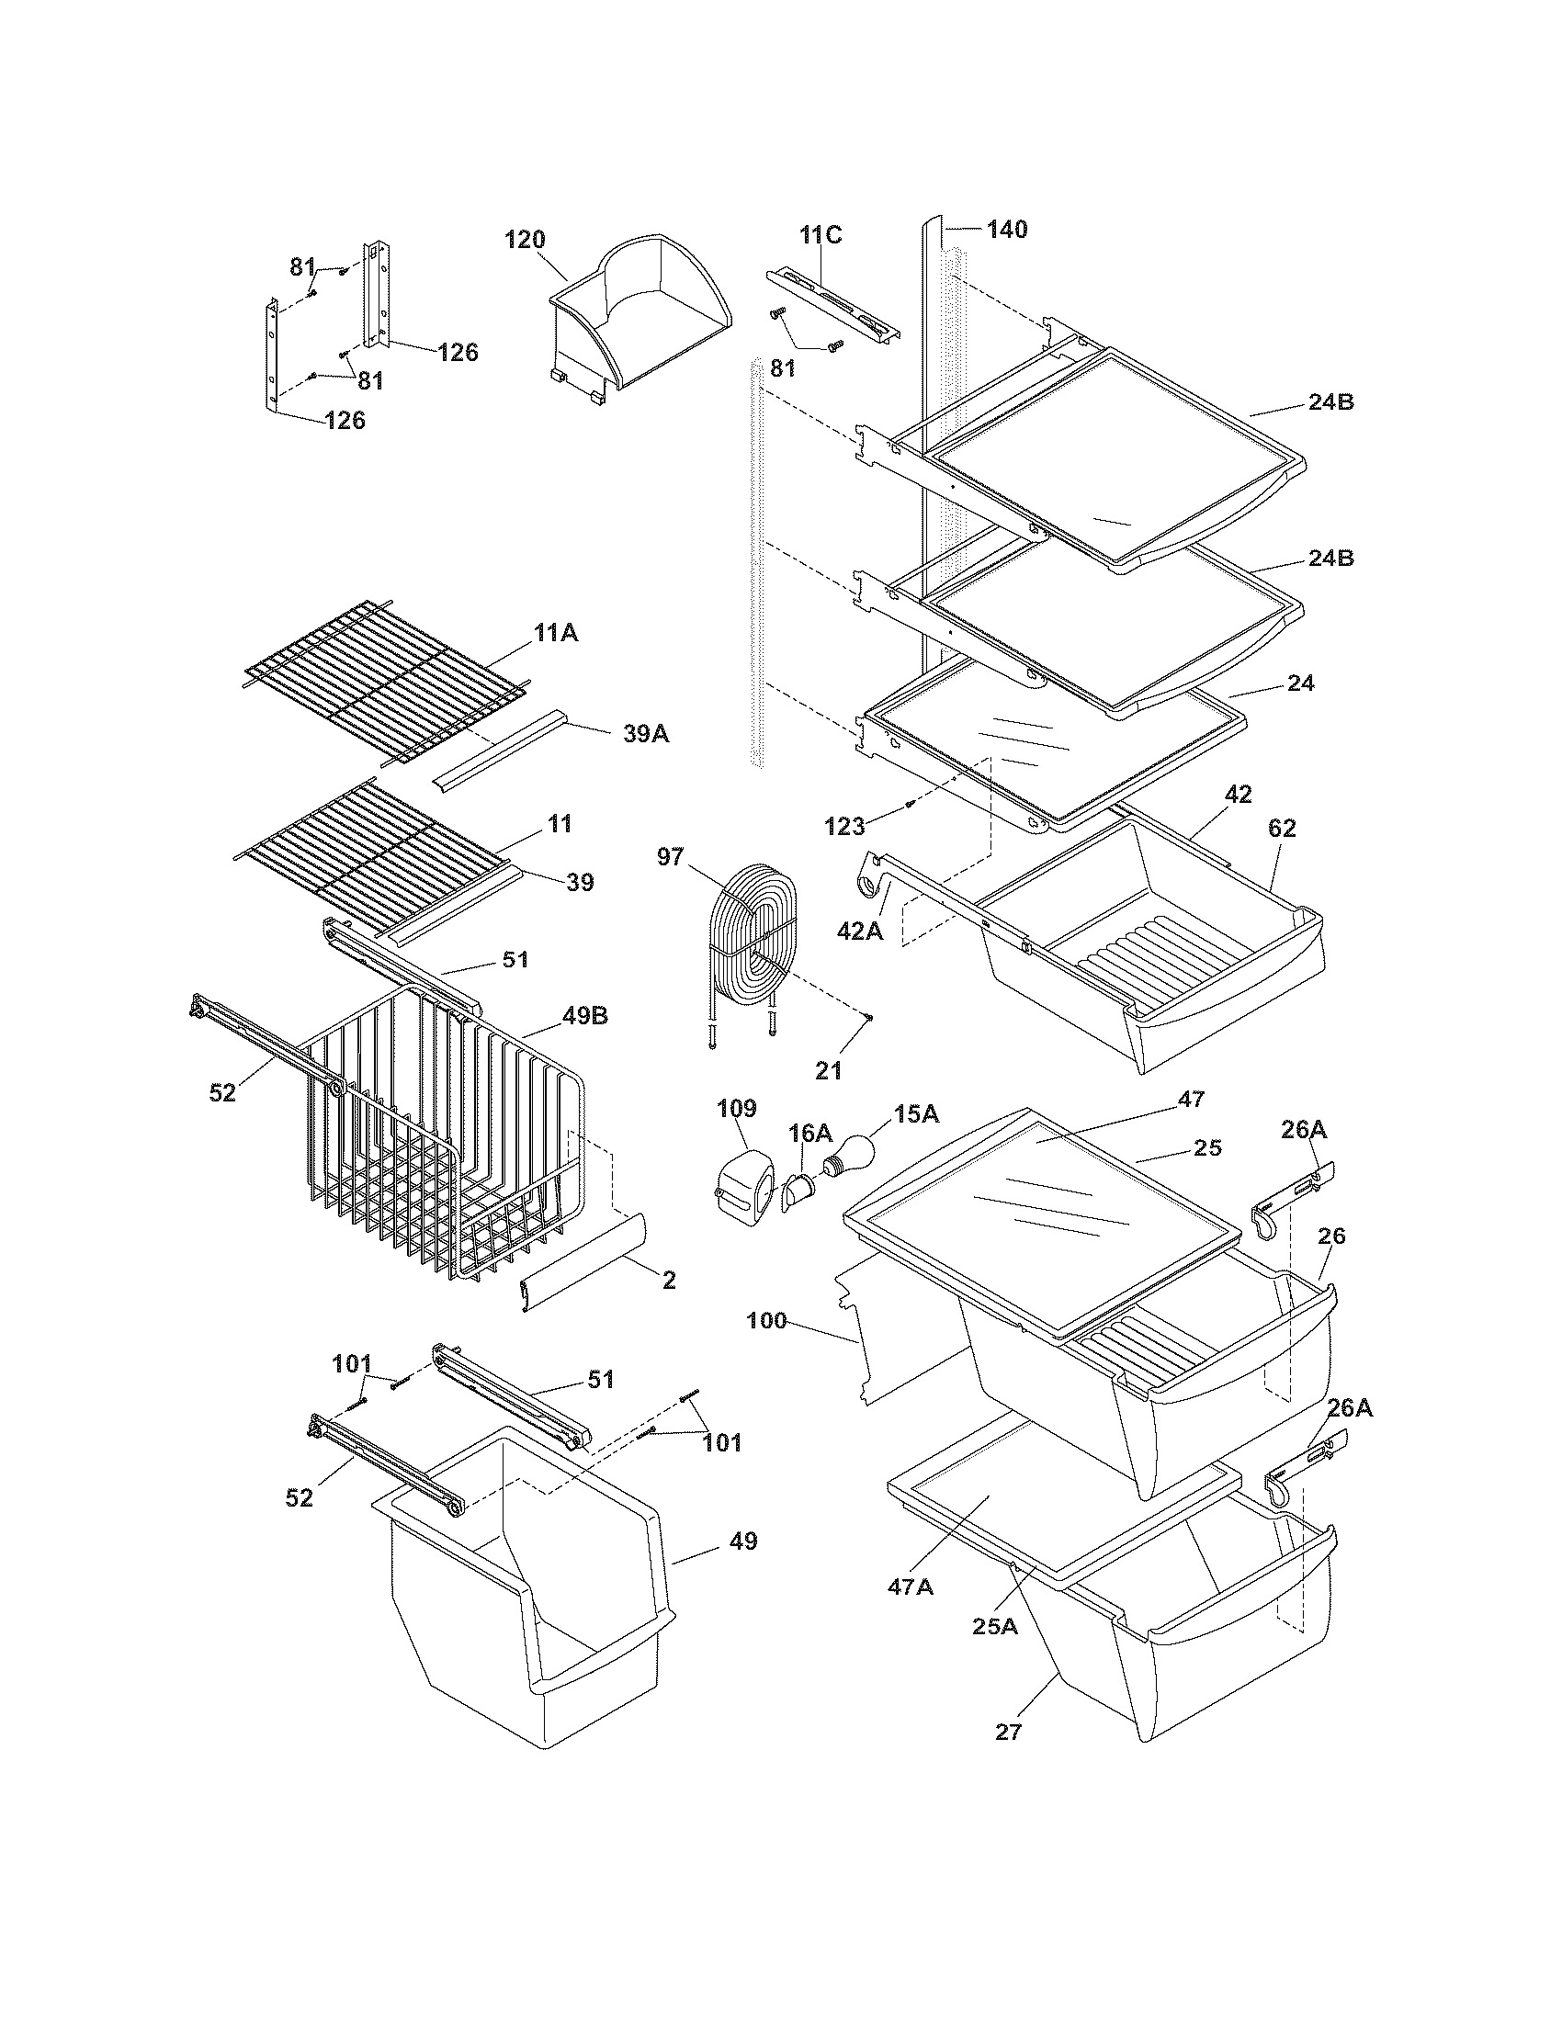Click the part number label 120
(x=524, y=240)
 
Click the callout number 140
(x=1007, y=230)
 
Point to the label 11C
(x=821, y=235)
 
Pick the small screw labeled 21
(x=871, y=1019)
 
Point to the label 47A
(x=911, y=1586)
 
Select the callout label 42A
(x=860, y=931)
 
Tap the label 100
(x=767, y=1320)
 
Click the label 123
(x=843, y=827)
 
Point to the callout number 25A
(x=995, y=1625)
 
